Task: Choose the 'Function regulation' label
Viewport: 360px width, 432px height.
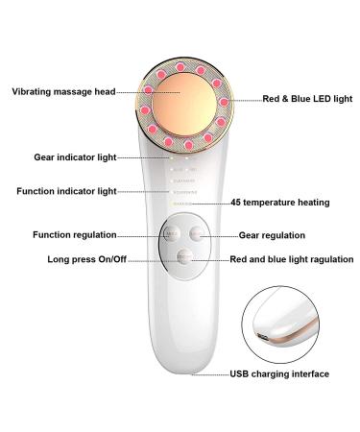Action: point(74,233)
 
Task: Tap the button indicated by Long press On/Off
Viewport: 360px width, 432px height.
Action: point(183,256)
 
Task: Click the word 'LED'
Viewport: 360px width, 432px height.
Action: point(307,99)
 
